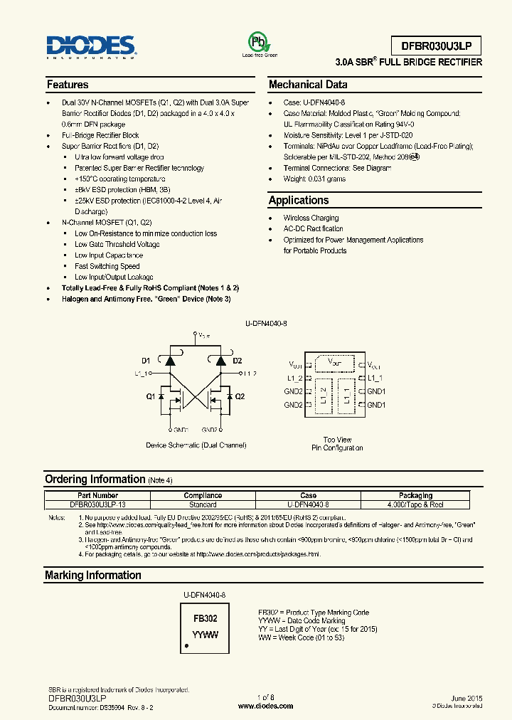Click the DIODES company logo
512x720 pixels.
pyautogui.click(x=90, y=47)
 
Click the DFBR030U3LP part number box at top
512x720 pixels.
pyautogui.click(x=436, y=46)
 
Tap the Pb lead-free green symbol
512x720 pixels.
pyautogui.click(x=260, y=41)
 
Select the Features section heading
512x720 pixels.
pyautogui.click(x=68, y=85)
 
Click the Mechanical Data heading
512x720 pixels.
pyautogui.click(x=308, y=85)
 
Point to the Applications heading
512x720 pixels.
pyautogui.click(x=299, y=201)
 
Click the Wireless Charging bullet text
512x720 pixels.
pyautogui.click(x=311, y=218)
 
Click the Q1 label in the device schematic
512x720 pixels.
pyautogui.click(x=151, y=396)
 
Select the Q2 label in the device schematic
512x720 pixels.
pyautogui.click(x=240, y=396)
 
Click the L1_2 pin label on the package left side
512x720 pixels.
pyautogui.click(x=295, y=378)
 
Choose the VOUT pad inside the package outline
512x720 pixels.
pyautogui.click(x=334, y=363)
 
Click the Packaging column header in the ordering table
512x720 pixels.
pyautogui.click(x=416, y=495)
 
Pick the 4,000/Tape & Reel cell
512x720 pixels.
pyautogui.click(x=416, y=504)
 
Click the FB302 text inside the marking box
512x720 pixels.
pyautogui.click(x=206, y=619)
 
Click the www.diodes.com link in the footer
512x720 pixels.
pyautogui.click(x=265, y=706)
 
